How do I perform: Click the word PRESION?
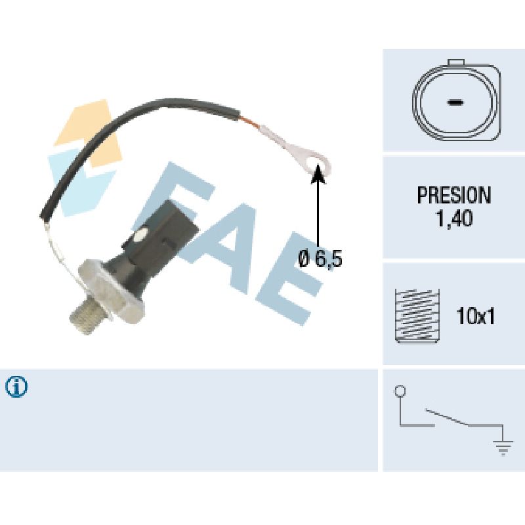(x=453, y=195)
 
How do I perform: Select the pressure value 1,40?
(x=453, y=219)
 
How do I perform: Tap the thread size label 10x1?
(x=475, y=317)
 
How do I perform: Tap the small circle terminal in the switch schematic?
(x=399, y=392)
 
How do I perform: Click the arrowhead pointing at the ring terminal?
(x=318, y=172)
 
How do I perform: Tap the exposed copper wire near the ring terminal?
(x=253, y=123)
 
